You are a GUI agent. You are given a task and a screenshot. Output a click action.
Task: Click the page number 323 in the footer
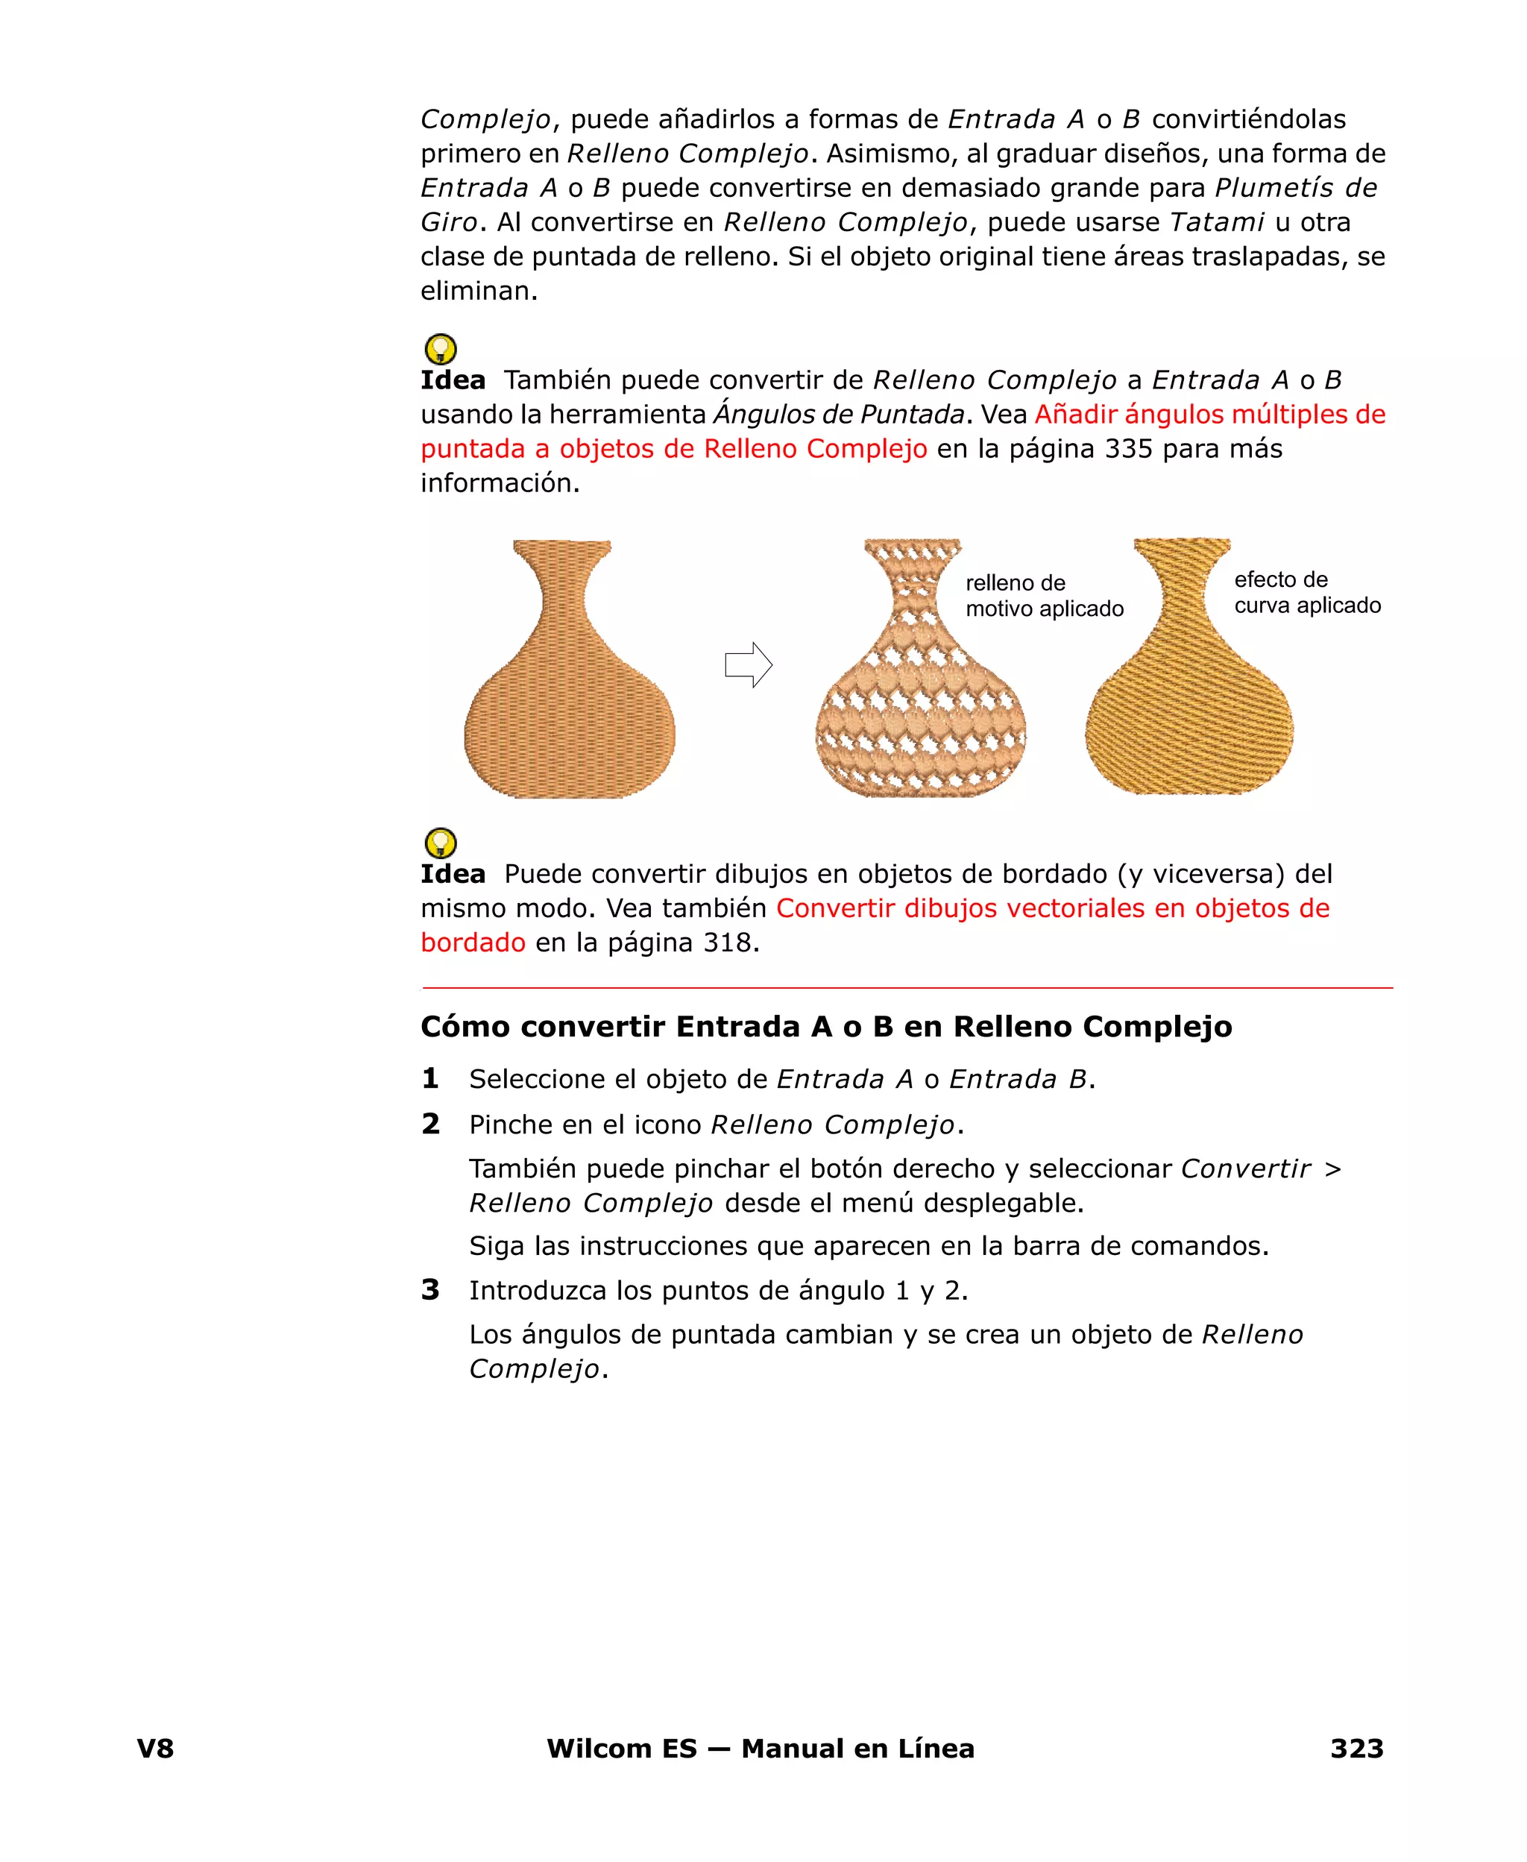1356,1748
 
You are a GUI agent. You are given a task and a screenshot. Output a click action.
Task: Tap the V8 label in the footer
156,1748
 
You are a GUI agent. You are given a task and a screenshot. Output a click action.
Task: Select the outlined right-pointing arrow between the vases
748,665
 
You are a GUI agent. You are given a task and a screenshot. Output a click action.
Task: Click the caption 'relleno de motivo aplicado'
1043,596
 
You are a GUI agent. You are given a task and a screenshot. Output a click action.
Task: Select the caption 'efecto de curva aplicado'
1306,592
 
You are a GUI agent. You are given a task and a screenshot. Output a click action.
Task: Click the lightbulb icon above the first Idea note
441,349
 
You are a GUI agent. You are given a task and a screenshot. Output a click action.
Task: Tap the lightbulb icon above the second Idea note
441,843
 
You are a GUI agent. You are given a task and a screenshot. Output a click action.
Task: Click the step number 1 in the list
430,1078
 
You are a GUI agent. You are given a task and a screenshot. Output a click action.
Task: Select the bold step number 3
430,1289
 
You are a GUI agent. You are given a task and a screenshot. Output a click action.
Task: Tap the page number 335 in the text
1129,449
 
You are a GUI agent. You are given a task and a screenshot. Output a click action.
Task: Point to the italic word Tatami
1217,222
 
